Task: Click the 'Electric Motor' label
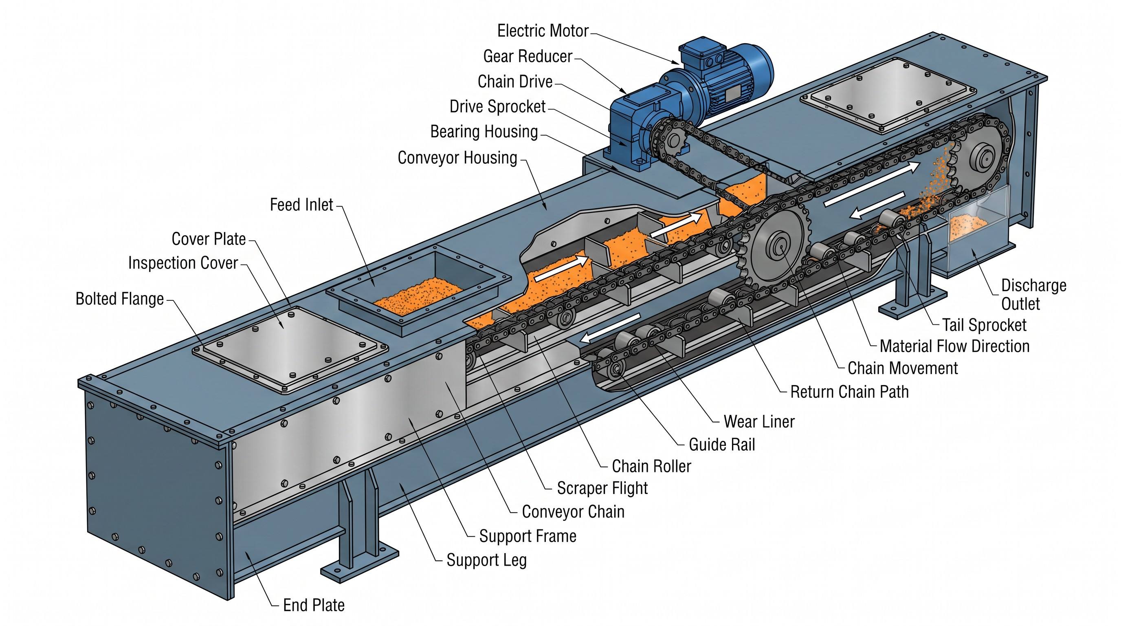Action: tap(543, 31)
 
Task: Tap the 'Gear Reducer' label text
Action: tap(528, 56)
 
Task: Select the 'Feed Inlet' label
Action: tap(301, 205)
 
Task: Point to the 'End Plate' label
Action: tap(314, 605)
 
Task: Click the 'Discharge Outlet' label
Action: tap(1033, 295)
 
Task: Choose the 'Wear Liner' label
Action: tap(759, 421)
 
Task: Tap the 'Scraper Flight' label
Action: tap(602, 488)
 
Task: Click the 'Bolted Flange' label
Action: tap(120, 299)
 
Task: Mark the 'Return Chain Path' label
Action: tap(849, 392)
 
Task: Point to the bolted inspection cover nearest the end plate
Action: tap(291, 350)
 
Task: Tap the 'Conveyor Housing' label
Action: tap(457, 158)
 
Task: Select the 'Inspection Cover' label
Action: tap(183, 263)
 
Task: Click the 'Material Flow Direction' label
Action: tap(955, 346)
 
